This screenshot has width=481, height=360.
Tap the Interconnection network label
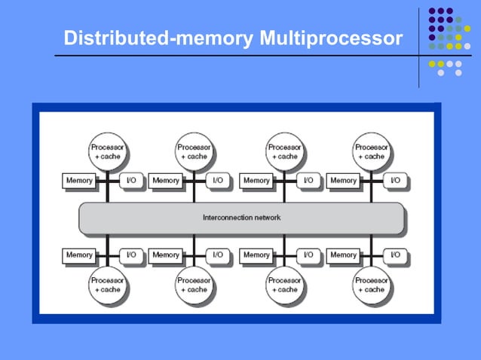coord(241,218)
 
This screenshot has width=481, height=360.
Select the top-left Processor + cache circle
coord(107,152)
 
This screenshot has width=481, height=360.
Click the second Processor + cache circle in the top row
coord(194,152)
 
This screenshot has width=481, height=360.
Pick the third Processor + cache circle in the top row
coord(284,152)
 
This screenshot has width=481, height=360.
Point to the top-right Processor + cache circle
coord(371,152)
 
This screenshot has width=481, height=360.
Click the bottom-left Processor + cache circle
coord(107,285)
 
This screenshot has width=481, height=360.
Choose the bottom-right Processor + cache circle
coord(371,285)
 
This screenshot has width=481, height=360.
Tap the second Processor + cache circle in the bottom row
coord(194,285)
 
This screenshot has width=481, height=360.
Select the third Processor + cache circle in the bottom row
coord(284,285)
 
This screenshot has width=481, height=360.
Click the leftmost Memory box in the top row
coord(79,181)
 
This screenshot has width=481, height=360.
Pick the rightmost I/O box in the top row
coord(395,181)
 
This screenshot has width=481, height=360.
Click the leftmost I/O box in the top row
coord(131,181)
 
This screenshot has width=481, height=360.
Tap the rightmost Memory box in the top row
coord(343,181)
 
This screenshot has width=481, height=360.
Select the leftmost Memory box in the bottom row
coord(79,255)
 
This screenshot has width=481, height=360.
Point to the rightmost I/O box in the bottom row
coord(395,255)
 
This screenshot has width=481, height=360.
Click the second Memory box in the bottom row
coord(166,255)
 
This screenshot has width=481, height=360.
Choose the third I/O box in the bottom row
coord(308,255)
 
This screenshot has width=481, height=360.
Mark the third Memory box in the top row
coord(256,181)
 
